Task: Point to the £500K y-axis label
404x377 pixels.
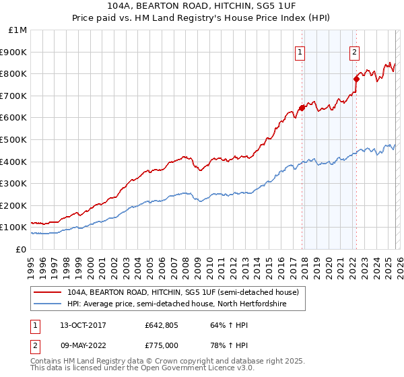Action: click(15, 140)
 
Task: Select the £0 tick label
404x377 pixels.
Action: click(22, 250)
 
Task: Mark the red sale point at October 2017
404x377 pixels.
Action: click(302, 108)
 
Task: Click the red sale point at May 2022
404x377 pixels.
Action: click(356, 79)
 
